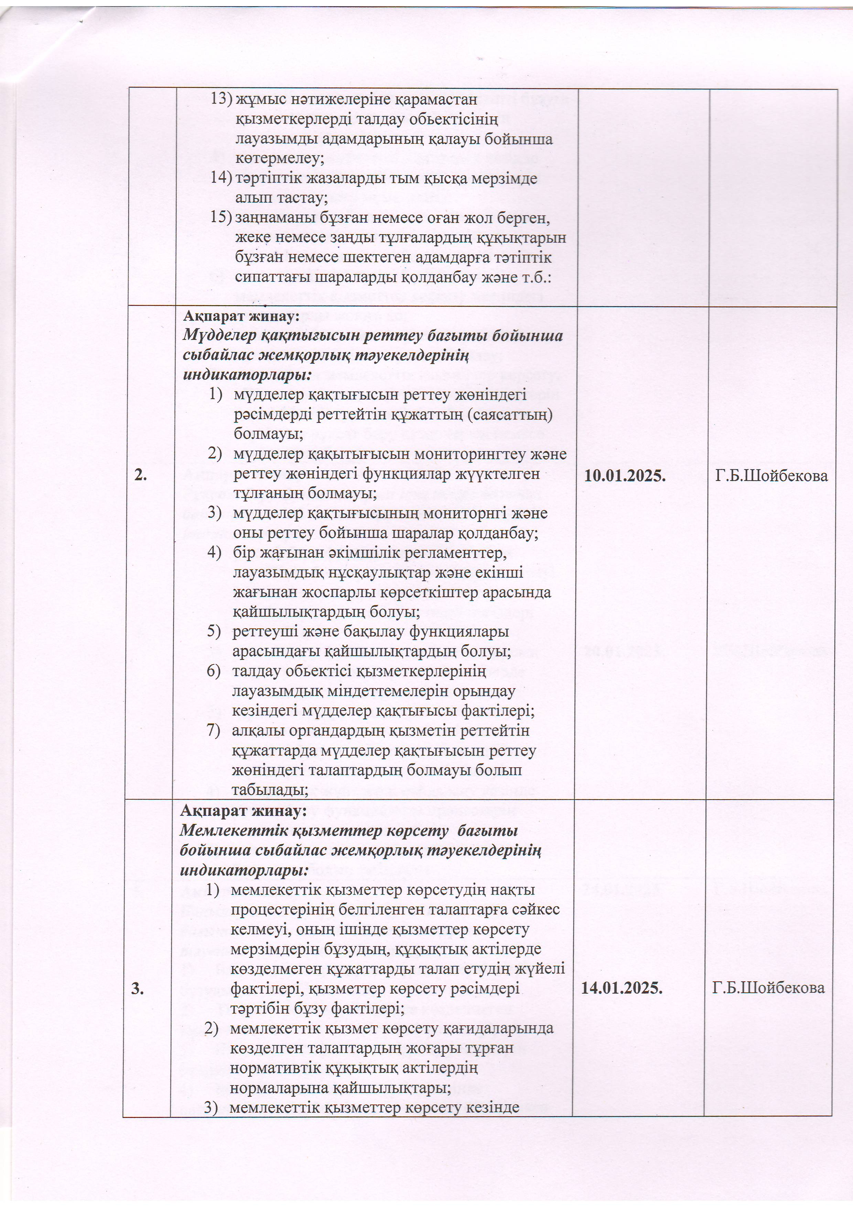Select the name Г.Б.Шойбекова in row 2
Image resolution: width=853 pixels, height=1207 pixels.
(771, 476)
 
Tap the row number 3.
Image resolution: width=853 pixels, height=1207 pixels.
(138, 988)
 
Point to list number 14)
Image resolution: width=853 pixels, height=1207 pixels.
(221, 178)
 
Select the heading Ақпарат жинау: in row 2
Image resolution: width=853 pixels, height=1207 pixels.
(241, 317)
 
